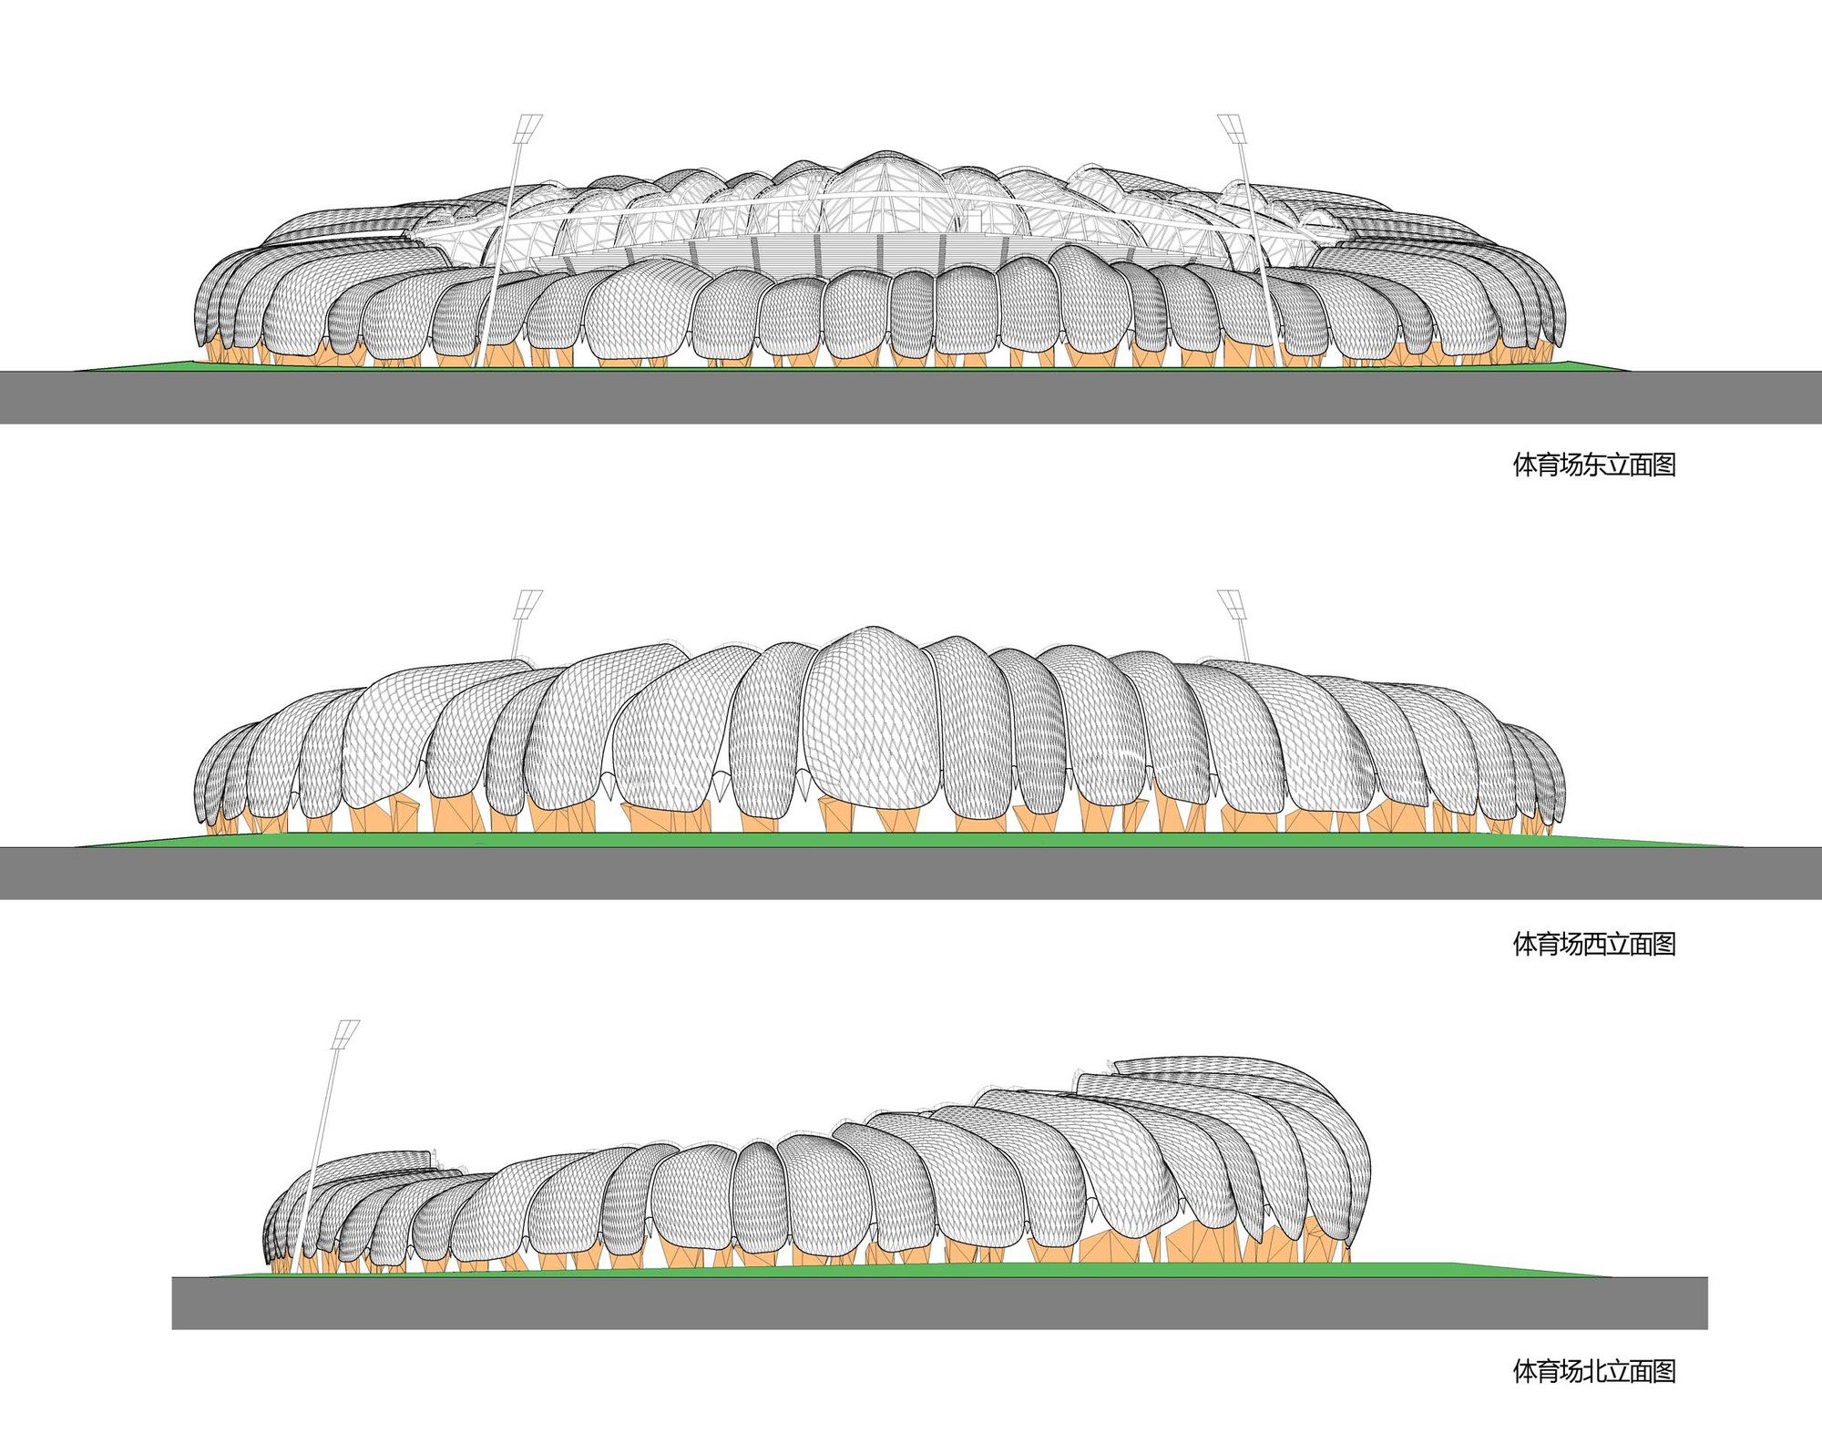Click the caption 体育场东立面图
[1594, 465]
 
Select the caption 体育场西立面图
[1594, 944]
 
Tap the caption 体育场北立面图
[1594, 1371]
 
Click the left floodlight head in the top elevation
[528, 128]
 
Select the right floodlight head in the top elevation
[1232, 128]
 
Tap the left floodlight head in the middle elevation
[528, 604]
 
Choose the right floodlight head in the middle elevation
[1232, 604]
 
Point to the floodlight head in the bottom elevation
[346, 1035]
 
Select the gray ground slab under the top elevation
[911, 397]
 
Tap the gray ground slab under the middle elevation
[911, 873]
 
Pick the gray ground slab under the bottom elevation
[939, 1303]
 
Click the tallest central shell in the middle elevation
[870, 720]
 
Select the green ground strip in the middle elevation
[911, 840]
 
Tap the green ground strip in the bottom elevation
[911, 1269]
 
